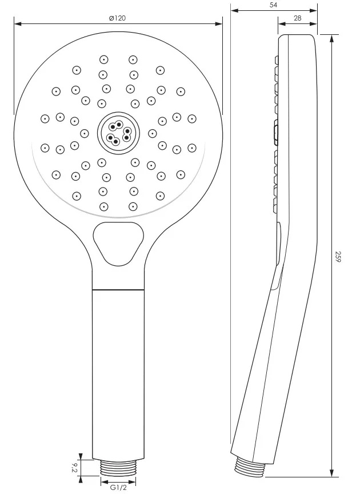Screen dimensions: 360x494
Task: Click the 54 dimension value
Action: [273, 5]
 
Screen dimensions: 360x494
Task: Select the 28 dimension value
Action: [297, 18]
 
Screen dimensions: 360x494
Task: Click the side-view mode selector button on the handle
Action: [279, 243]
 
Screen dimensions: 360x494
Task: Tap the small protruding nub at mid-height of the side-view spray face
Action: [277, 133]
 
